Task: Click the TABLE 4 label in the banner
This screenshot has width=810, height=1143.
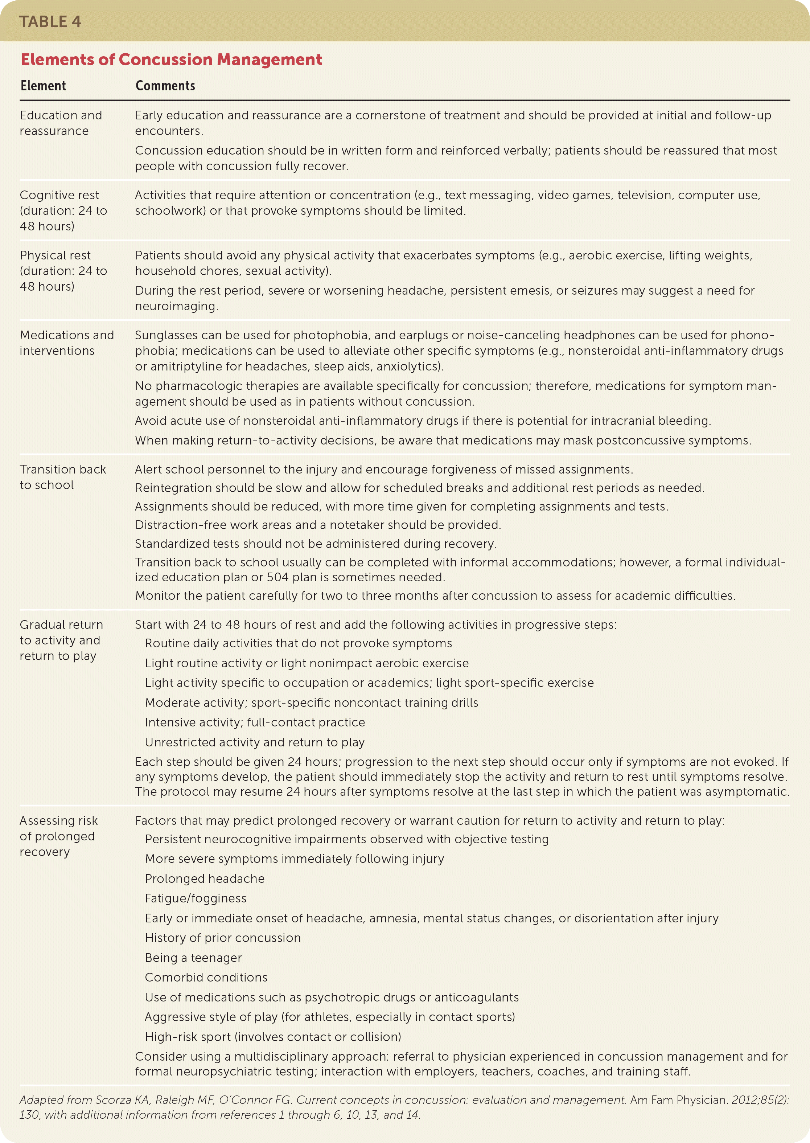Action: click(x=50, y=22)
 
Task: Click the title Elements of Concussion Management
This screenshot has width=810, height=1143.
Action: click(x=171, y=60)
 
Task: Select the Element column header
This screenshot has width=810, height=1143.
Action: click(x=44, y=86)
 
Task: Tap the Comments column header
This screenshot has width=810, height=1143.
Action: click(x=165, y=86)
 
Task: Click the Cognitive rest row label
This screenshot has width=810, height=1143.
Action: click(x=63, y=210)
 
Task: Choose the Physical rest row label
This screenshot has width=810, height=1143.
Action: click(x=63, y=271)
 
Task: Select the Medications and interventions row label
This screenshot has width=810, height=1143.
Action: click(x=67, y=343)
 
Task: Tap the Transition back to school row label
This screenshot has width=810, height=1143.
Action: click(x=63, y=477)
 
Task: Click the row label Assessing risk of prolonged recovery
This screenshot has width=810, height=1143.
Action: click(x=58, y=836)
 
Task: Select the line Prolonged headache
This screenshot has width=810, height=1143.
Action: click(x=205, y=878)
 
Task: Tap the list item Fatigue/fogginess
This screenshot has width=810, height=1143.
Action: click(x=196, y=898)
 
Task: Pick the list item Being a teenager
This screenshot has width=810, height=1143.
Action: click(x=193, y=958)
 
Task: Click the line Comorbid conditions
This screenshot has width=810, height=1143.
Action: click(x=206, y=978)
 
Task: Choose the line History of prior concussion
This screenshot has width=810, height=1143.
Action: click(x=222, y=938)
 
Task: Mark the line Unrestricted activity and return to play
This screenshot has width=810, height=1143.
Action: click(x=254, y=742)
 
